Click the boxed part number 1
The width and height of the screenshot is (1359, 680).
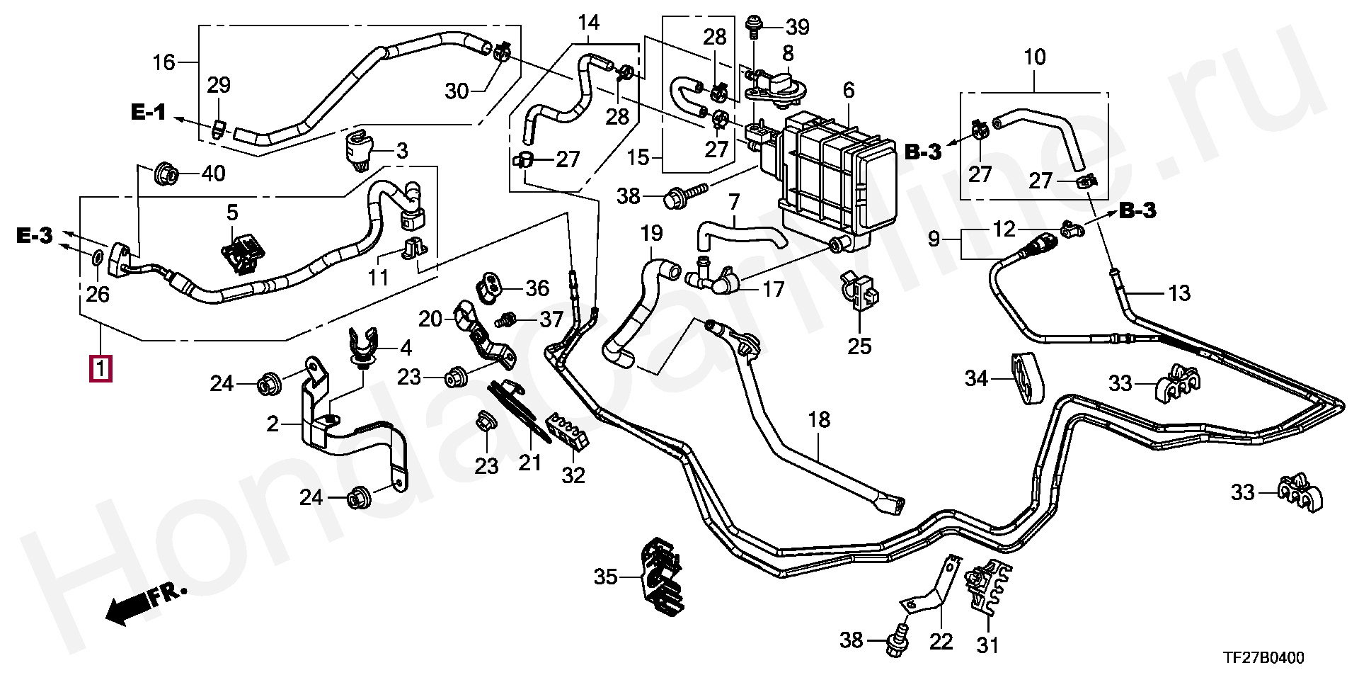100,369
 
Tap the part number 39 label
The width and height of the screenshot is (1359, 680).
798,28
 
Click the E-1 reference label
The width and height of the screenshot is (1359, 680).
148,111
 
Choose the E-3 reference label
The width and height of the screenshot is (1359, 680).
35,235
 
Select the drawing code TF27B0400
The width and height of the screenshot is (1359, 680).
1264,658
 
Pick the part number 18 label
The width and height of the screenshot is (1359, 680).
819,419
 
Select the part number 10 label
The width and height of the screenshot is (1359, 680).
1034,57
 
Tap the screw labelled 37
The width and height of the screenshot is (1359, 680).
505,320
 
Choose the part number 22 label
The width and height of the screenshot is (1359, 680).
941,641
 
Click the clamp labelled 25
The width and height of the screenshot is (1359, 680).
859,292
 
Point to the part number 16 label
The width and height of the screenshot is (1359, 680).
164,62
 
